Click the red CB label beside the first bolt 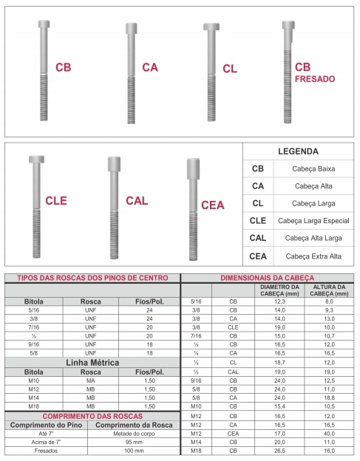pos(63,68)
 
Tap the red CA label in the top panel pos(149,67)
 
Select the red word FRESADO pos(314,78)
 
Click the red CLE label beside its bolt pos(56,200)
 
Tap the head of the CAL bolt pos(114,163)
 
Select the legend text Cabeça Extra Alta pos(316,256)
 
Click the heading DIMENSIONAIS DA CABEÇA pos(269,278)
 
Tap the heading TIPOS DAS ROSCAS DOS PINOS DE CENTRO pos(92,278)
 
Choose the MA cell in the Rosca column pos(91,380)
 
